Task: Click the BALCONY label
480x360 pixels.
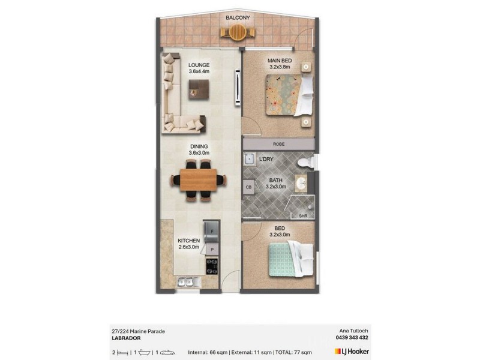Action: tap(238, 18)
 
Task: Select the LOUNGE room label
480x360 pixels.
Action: tap(199, 65)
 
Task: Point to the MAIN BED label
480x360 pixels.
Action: tap(279, 61)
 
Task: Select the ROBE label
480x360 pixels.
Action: tap(278, 145)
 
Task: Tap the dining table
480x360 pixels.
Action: tap(199, 179)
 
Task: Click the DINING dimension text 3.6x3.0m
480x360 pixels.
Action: tap(199, 153)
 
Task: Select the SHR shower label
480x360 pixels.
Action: tap(302, 215)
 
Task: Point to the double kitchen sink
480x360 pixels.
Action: tap(185, 281)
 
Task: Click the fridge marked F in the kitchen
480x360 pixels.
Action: tap(212, 229)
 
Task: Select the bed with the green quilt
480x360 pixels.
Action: tap(290, 259)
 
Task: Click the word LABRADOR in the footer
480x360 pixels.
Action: tap(126, 338)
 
